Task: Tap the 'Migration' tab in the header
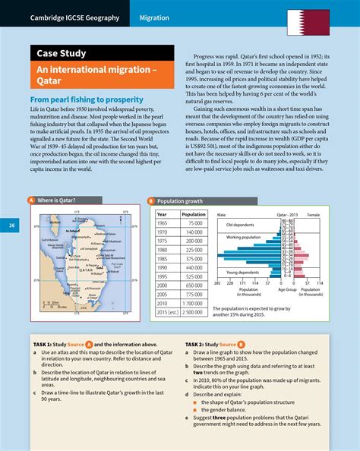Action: click(157, 17)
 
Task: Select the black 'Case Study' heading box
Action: click(63, 54)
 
